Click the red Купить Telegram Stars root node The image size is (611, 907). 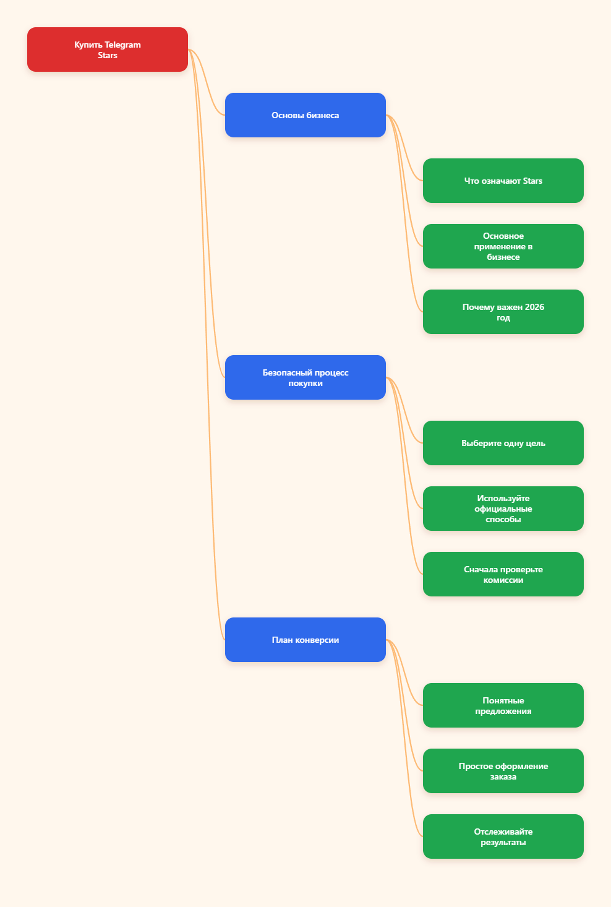tap(108, 49)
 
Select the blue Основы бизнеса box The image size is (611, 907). tap(305, 115)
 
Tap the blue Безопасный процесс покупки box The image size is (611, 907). tap(305, 377)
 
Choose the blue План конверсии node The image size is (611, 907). tap(305, 640)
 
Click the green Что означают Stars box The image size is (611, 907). tap(503, 181)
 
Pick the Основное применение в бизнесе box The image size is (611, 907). tap(503, 246)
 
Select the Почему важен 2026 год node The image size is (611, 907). tap(503, 312)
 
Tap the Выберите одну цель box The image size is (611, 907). tap(503, 443)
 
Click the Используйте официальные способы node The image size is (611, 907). tap(503, 509)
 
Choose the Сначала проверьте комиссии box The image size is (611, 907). tap(503, 574)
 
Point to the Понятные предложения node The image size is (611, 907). tap(503, 705)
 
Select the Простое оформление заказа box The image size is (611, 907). tap(503, 771)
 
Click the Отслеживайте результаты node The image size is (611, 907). tap(503, 836)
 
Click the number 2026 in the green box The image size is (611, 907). tap(534, 307)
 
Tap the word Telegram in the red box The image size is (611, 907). tap(122, 45)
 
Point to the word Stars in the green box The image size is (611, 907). tap(532, 181)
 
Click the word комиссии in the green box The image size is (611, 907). tap(503, 580)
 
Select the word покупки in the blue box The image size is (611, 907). tap(305, 384)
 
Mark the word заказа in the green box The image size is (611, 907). tap(503, 776)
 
